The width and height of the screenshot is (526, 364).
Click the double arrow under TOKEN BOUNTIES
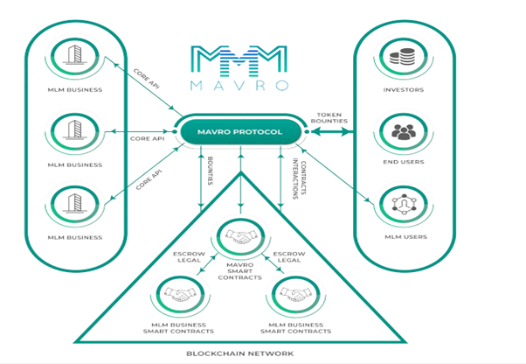point(329,132)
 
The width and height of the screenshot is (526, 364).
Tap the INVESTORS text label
point(405,89)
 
